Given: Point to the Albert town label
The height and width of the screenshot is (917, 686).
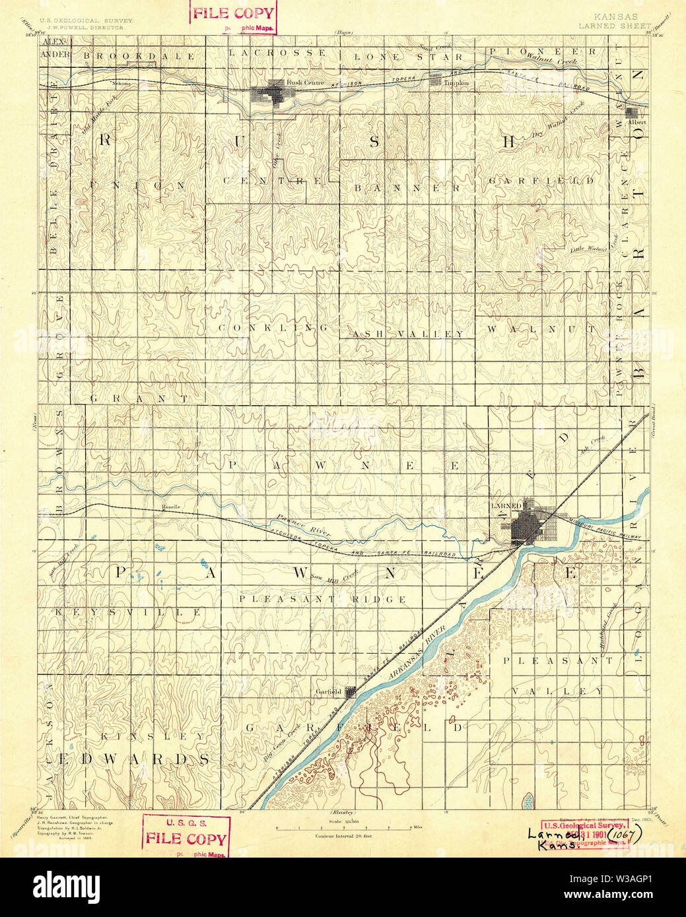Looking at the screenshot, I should coord(637,122).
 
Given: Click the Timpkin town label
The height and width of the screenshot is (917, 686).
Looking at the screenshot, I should coord(456,83).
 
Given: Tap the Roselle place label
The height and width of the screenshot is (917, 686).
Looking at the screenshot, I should coord(171,507).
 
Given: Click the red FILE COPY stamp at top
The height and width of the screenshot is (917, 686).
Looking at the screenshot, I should coord(232,14).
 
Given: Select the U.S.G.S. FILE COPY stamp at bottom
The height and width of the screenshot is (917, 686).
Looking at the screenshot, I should coord(187,835).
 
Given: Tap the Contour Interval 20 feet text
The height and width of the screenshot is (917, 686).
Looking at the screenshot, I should coord(343,836).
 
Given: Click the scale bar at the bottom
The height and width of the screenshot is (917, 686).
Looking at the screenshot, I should coord(343,827).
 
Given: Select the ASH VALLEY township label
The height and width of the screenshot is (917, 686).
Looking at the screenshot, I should coord(408,334).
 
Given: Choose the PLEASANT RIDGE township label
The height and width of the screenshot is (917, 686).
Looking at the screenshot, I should coord(322,599).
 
